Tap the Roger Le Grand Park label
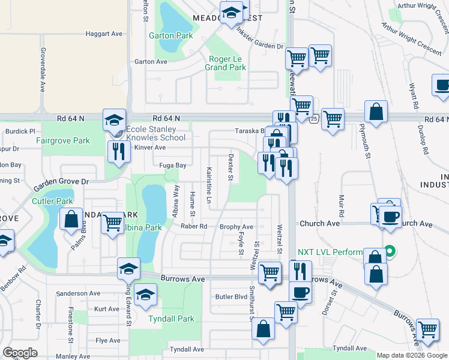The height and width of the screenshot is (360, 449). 226,63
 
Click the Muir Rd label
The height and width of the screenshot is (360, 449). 341,205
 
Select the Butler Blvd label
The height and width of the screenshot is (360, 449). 231,297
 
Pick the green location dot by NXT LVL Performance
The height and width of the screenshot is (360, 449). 389,251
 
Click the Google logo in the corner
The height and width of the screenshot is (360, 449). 20,353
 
